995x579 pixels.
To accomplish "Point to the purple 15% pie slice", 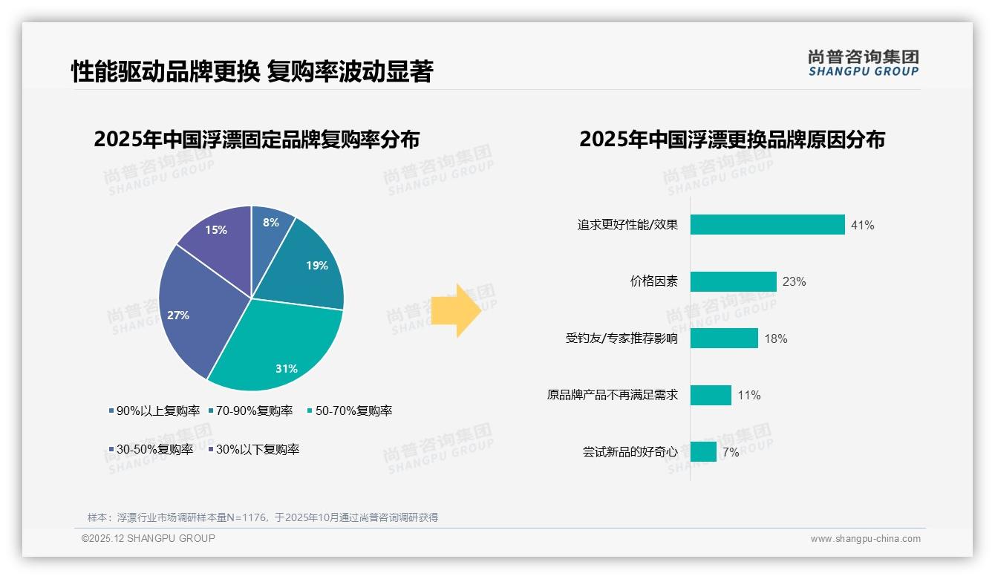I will [x=218, y=238].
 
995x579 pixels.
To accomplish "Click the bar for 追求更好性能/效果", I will [x=767, y=224].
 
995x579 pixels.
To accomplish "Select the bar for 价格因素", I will [x=733, y=281].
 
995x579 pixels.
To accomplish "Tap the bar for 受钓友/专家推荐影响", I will [x=724, y=338].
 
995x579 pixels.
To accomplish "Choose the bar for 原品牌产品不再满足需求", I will [x=711, y=395].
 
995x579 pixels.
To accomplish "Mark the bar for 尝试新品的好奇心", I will [x=703, y=451].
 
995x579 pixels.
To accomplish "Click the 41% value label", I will [x=863, y=225].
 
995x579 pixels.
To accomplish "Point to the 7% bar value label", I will [x=731, y=452].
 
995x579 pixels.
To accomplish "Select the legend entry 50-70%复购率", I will [x=350, y=410].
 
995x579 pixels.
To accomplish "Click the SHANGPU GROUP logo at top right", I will [x=863, y=62].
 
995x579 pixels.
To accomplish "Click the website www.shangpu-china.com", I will [x=865, y=538].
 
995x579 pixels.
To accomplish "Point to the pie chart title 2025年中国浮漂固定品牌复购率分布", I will [x=257, y=140].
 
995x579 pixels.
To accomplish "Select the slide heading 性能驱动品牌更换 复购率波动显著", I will [x=252, y=72].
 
